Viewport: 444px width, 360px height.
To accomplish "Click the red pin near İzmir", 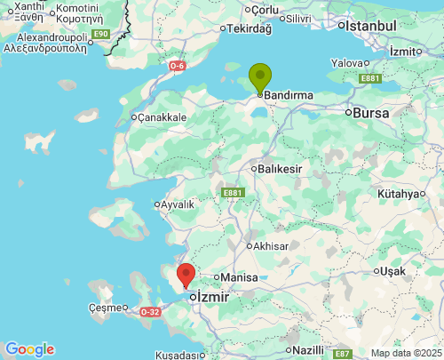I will pyautogui.click(x=186, y=275).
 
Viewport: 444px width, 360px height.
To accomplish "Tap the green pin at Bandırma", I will pyautogui.click(x=259, y=77).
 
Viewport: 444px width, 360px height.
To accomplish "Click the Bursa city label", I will pyautogui.click(x=370, y=113).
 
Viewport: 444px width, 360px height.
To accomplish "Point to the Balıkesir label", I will pyautogui.click(x=279, y=168).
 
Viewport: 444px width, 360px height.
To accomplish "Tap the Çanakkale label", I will pyautogui.click(x=162, y=116).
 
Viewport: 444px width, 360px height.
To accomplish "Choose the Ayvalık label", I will pyautogui.click(x=178, y=204).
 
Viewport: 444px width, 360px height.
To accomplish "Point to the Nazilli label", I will pyautogui.click(x=307, y=349).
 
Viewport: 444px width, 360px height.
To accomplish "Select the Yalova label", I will pyautogui.click(x=346, y=63).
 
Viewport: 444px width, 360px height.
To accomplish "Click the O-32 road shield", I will pyautogui.click(x=150, y=312).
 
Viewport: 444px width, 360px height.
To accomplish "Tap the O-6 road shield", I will pyautogui.click(x=178, y=65).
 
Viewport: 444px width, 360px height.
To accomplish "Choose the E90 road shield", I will pyautogui.click(x=100, y=34).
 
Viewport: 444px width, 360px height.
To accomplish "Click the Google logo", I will pyautogui.click(x=29, y=349).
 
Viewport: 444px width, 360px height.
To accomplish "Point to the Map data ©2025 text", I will pyautogui.click(x=405, y=353).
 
